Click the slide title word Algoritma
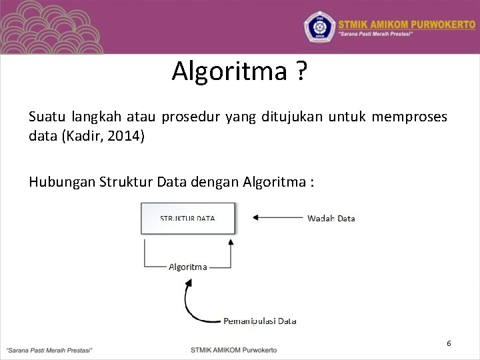tap(228, 71)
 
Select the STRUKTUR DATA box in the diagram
tap(187, 218)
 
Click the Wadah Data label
tap(331, 218)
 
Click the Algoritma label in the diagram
tap(187, 267)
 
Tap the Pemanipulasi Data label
tap(259, 321)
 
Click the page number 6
tap(449, 343)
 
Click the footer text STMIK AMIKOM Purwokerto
tap(233, 349)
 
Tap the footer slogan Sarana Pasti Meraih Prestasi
tap(49, 349)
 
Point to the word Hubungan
tap(62, 181)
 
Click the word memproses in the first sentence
tap(409, 117)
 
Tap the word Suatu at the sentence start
tap(45, 117)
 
